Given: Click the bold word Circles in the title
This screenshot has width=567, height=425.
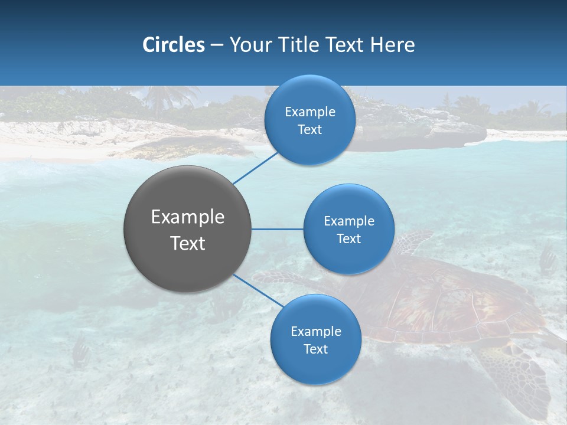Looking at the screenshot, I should coord(173,45).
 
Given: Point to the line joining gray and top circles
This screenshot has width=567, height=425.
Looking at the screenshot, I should coord(255,168).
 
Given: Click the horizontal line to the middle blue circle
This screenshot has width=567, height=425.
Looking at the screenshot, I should coord(278,229).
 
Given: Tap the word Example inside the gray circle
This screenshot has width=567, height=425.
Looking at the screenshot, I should coord(188,217).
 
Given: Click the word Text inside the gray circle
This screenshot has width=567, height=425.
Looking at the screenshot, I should coord(188,243).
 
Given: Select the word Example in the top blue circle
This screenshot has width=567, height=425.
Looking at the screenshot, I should coord(309,112).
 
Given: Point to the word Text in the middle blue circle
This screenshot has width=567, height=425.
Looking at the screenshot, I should coord(348,238).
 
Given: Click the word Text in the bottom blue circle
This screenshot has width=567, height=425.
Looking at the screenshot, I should coord(315,349).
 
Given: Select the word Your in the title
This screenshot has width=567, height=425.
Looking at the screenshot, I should coord(249,45).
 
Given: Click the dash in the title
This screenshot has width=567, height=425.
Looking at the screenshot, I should coord(217,45).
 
